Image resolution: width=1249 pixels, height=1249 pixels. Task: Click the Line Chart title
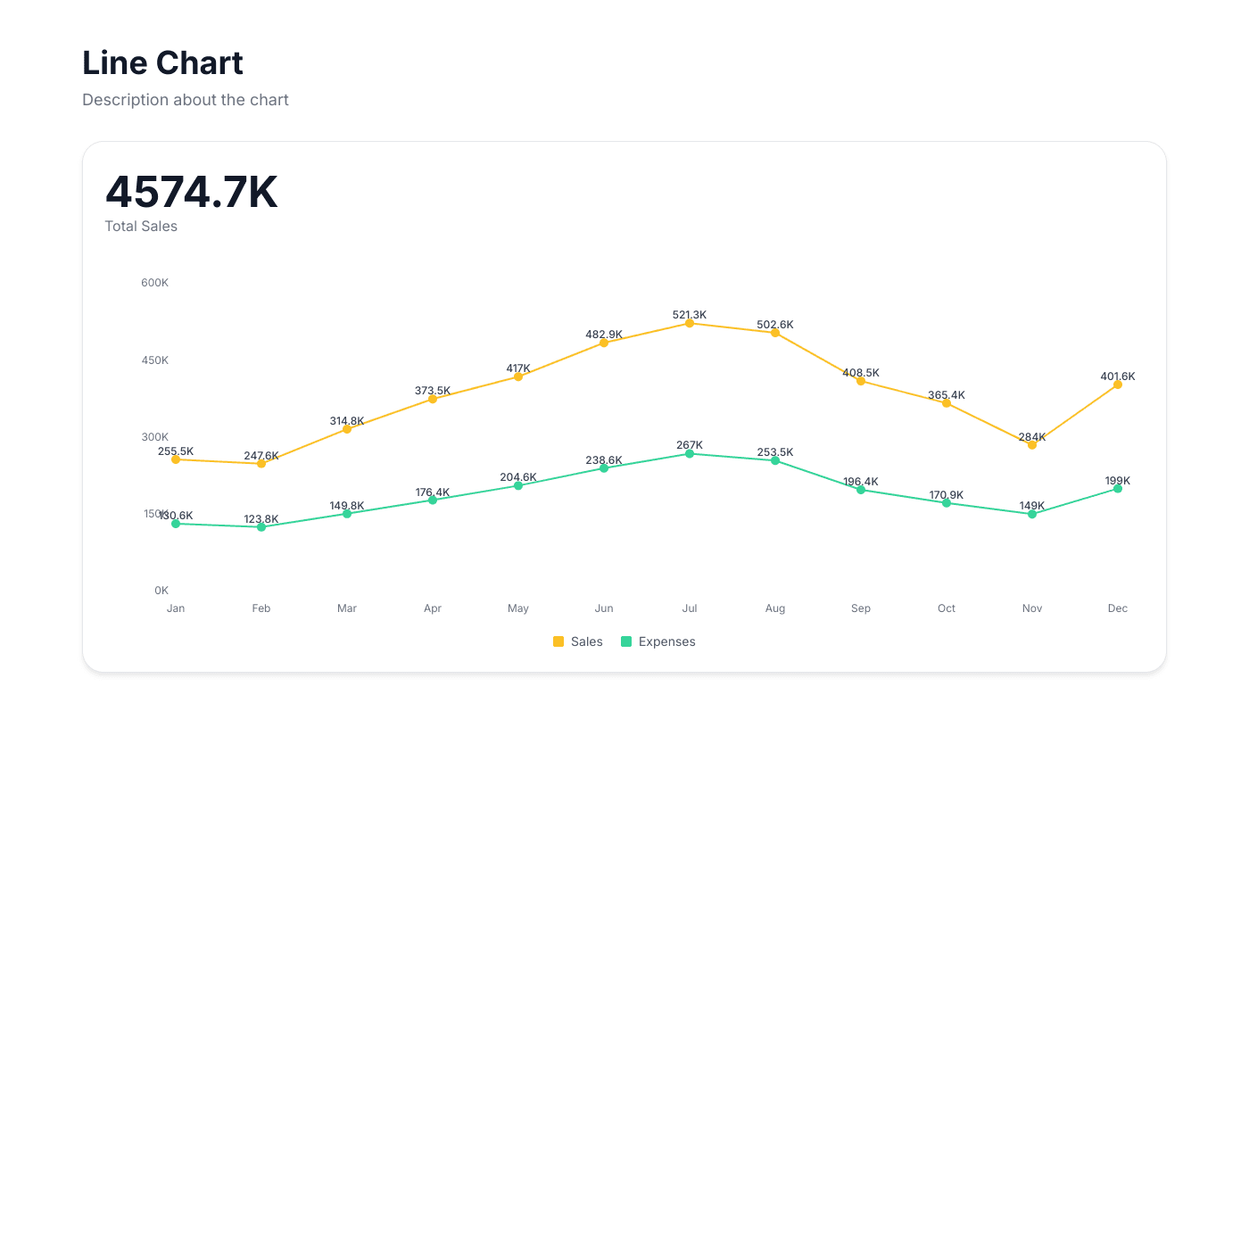[162, 63]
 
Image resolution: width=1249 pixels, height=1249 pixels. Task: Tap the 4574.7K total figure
[191, 192]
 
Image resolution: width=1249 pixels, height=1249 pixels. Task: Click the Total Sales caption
[141, 227]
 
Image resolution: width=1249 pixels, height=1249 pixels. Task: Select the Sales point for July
[690, 323]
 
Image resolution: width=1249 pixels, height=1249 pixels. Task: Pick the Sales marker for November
[1032, 444]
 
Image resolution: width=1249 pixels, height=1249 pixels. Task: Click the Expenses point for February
[261, 527]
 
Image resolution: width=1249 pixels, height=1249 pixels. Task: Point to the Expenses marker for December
[1118, 489]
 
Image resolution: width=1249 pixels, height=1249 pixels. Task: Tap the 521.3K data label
[690, 315]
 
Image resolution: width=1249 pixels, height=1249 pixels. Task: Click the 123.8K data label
[261, 519]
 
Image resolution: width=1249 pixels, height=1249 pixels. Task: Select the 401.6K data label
[1118, 376]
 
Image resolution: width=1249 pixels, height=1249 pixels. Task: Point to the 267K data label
[690, 445]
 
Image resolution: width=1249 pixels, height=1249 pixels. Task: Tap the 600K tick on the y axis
[154, 283]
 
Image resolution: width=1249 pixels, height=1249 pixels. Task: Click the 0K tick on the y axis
[161, 591]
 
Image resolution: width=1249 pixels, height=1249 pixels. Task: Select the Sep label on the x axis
[861, 608]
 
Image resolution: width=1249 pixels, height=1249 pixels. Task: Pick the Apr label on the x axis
[433, 608]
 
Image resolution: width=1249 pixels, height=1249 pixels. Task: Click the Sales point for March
[347, 429]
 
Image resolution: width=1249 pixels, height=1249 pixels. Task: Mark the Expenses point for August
[775, 460]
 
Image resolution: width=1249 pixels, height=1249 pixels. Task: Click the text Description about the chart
[186, 100]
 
